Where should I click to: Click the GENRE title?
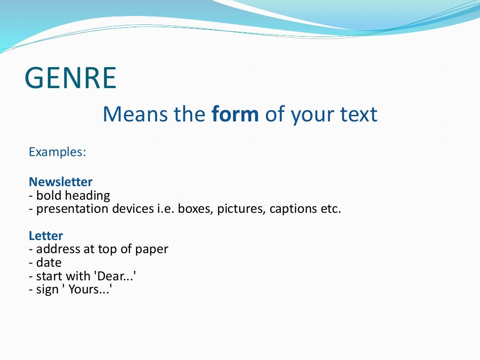[70, 78]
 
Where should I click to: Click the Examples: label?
[57, 152]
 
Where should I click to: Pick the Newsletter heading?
[60, 182]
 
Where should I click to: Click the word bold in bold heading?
[49, 195]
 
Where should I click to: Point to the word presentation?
[73, 209]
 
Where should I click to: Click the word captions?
[294, 209]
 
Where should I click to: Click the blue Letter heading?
[45, 236]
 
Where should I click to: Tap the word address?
[58, 249]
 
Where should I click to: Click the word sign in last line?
[49, 290]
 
